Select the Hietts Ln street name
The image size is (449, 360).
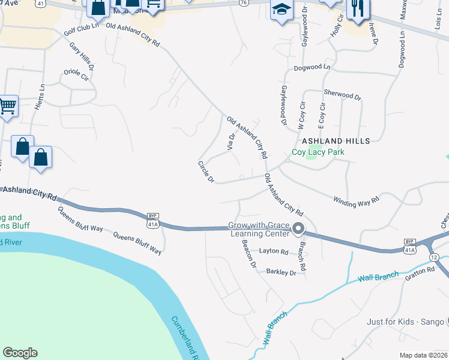click(42, 95)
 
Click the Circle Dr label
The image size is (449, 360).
click(206, 172)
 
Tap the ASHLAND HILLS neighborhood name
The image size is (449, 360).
click(336, 140)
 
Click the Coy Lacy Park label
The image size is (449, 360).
click(318, 152)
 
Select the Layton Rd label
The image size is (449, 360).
click(274, 251)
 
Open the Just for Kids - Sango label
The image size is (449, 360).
click(406, 322)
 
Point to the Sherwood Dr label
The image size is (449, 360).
click(342, 95)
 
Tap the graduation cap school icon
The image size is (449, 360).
click(280, 10)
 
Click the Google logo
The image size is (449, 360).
click(20, 353)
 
